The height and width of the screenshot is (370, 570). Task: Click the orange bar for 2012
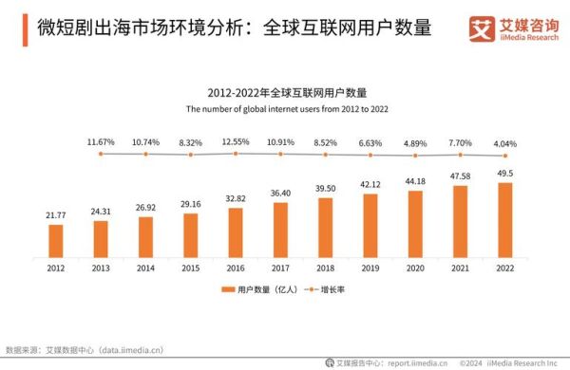[56, 241]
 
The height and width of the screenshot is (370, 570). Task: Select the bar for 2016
[236, 232]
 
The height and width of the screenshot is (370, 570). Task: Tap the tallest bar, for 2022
[505, 220]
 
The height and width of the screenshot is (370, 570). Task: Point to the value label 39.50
[326, 190]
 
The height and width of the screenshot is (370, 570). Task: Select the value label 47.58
[461, 176]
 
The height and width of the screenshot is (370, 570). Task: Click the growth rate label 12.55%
[236, 141]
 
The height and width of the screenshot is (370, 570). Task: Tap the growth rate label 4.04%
[505, 141]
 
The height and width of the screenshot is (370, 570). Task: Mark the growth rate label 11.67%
[101, 141]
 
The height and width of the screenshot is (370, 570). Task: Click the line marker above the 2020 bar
[415, 155]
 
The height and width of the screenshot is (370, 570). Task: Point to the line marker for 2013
[101, 154]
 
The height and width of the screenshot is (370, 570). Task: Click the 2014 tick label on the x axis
[145, 268]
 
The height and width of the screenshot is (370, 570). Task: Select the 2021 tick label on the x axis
[461, 268]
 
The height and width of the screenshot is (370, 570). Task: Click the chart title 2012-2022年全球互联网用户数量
[280, 92]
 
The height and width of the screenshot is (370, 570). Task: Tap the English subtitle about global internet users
[280, 108]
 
